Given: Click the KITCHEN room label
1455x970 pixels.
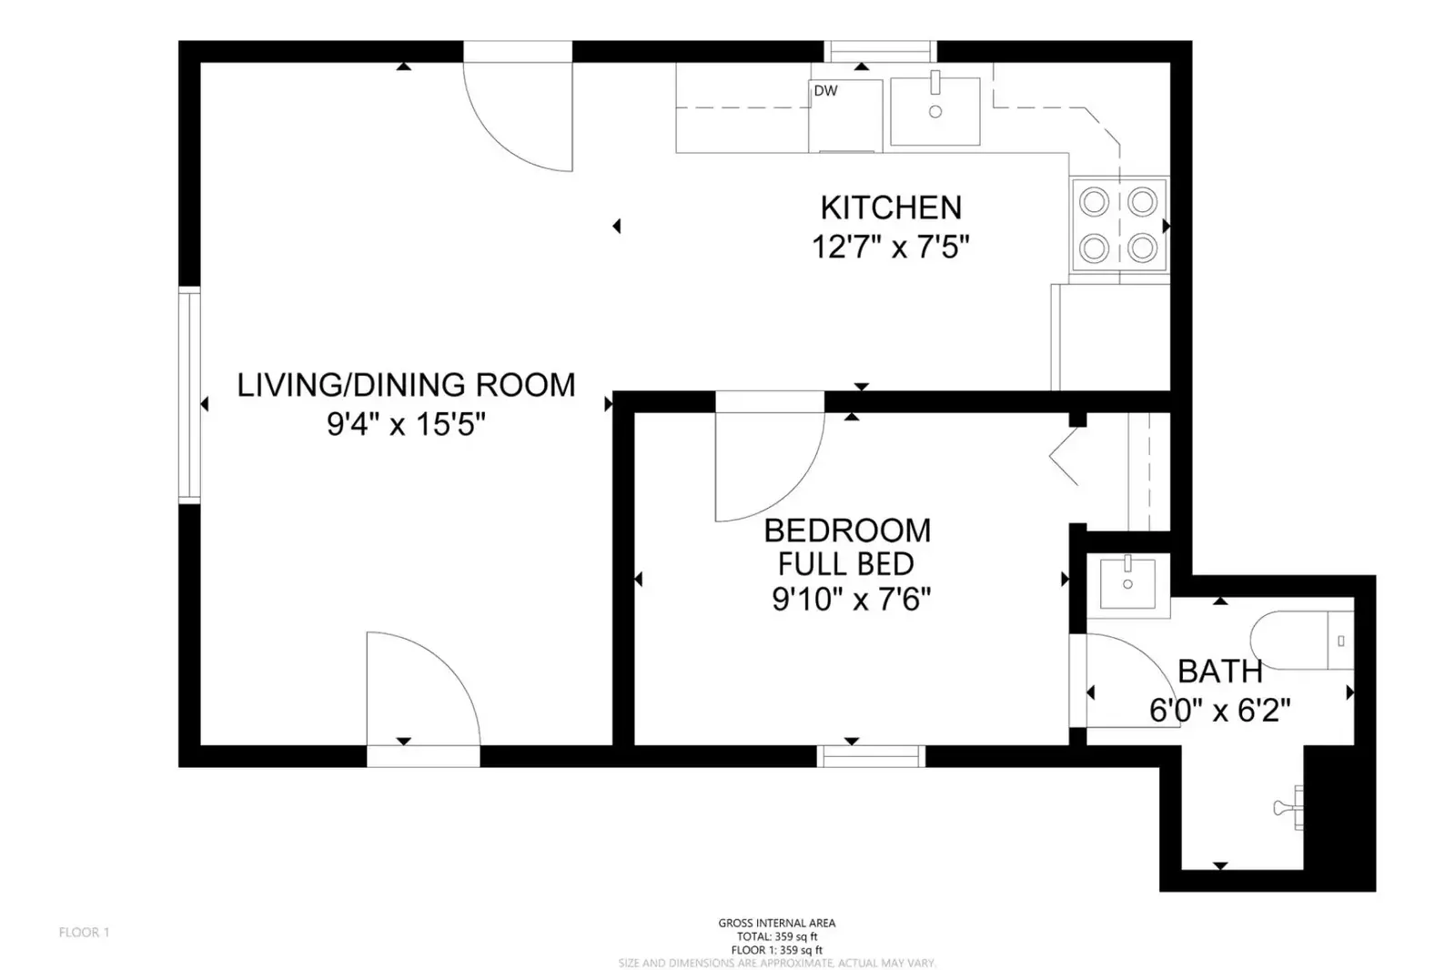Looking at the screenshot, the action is pyautogui.click(x=891, y=207).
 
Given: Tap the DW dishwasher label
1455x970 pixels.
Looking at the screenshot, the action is pyautogui.click(x=825, y=91).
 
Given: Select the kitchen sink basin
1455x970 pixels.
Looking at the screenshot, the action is pyautogui.click(x=935, y=111).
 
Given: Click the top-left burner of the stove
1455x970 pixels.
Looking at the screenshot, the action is pyautogui.click(x=1094, y=202).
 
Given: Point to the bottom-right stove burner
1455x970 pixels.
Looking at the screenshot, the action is pyautogui.click(x=1142, y=248).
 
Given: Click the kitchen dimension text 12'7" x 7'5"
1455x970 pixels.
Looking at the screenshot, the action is pyautogui.click(x=891, y=247).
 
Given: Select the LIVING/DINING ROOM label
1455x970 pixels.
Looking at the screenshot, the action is pyautogui.click(x=406, y=385).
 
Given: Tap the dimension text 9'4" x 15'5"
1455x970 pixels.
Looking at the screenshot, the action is pyautogui.click(x=406, y=425).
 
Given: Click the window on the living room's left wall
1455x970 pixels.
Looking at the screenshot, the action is pyautogui.click(x=189, y=395).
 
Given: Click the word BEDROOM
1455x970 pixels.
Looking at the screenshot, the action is pyautogui.click(x=847, y=530).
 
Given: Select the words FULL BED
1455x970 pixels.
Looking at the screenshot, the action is pyautogui.click(x=845, y=564).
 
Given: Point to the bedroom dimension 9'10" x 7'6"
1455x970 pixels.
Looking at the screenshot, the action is pyautogui.click(x=851, y=599).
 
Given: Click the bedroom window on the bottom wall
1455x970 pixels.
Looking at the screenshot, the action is pyautogui.click(x=871, y=756).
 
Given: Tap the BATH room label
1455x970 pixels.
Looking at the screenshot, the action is pyautogui.click(x=1220, y=672).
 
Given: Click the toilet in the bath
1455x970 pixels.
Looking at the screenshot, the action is pyautogui.click(x=1302, y=641).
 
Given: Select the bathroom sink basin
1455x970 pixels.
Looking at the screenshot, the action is pyautogui.click(x=1127, y=584).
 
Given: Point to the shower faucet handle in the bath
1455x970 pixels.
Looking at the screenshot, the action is pyautogui.click(x=1289, y=808).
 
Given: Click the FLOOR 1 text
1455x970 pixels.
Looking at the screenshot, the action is pyautogui.click(x=85, y=933).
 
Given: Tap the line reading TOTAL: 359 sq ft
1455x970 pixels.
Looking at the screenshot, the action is pyautogui.click(x=777, y=936).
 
